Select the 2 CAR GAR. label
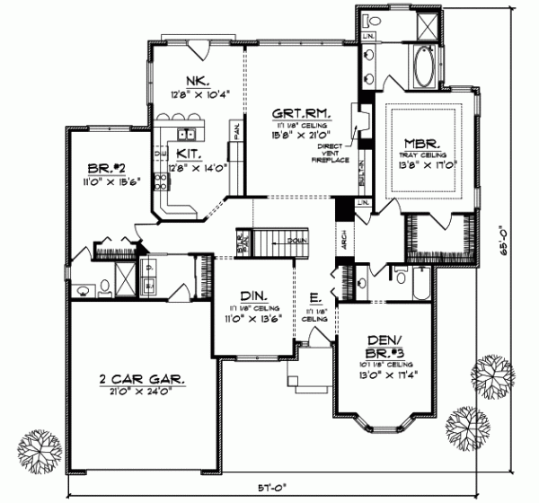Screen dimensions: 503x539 point(144,380)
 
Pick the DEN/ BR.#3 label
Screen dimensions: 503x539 point(388,345)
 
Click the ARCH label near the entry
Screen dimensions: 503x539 point(344,237)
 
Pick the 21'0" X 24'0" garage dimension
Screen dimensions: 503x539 point(144,393)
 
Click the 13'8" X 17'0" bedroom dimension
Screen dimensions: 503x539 point(422,164)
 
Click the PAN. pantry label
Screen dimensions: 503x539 point(236,133)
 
